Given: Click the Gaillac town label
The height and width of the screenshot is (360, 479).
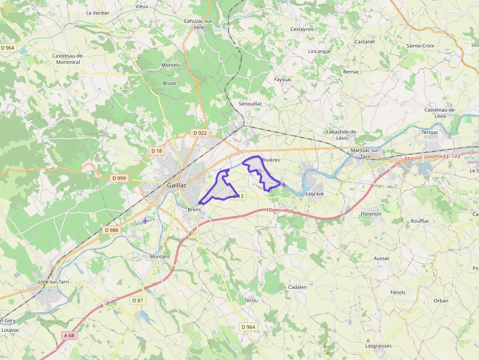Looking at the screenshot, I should coord(177,185).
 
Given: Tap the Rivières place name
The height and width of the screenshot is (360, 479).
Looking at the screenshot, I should coord(271,160).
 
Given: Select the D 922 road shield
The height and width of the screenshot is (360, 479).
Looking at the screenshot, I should coord(200,133).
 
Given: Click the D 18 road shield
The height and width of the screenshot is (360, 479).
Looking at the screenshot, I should coord(157,151).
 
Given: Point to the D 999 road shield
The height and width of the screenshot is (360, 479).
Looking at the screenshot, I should coord(119,178).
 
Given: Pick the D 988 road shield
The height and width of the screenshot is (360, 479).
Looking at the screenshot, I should coord(111,230).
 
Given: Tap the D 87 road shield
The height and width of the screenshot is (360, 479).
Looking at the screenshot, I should coord(137,300).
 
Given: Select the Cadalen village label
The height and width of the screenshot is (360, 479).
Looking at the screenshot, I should coord(297,287).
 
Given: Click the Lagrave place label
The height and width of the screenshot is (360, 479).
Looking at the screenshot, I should coord(314,194).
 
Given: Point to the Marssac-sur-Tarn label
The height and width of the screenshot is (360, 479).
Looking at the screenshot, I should coord(365,153).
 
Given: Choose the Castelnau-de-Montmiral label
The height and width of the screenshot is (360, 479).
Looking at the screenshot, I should coord(68,59).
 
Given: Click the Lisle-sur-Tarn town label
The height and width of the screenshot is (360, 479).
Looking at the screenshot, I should coord(53,282).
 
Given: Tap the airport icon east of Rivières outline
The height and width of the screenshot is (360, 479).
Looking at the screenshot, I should coord(284,184).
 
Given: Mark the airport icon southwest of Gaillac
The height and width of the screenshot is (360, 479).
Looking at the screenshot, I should coord(145,221).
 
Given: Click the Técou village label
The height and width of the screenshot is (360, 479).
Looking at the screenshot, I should coord(251,300).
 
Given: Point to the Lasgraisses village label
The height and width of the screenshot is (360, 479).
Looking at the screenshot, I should coord(378,346).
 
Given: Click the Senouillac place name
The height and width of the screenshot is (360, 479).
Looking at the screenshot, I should coord(250,104).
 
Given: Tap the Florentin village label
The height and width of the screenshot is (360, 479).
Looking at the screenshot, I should coord(370,214).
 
